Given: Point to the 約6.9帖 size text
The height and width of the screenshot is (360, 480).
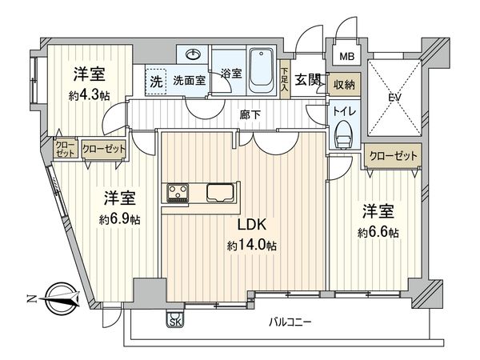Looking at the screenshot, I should pyautogui.click(x=117, y=218).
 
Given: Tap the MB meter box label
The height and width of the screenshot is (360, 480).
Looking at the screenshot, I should pyautogui.click(x=346, y=57).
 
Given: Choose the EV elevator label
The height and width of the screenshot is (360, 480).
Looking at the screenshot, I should pyautogui.click(x=393, y=98).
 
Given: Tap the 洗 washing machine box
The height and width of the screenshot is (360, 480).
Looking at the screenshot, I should pyautogui.click(x=155, y=81).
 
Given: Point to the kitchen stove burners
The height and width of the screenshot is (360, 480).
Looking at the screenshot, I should pyautogui.click(x=178, y=193).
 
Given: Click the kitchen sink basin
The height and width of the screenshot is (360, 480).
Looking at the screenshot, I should pyautogui.click(x=221, y=193).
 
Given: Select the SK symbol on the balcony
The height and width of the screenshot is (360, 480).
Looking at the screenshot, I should pyautogui.click(x=175, y=322).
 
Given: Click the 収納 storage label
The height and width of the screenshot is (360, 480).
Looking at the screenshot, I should pyautogui.click(x=346, y=84).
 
